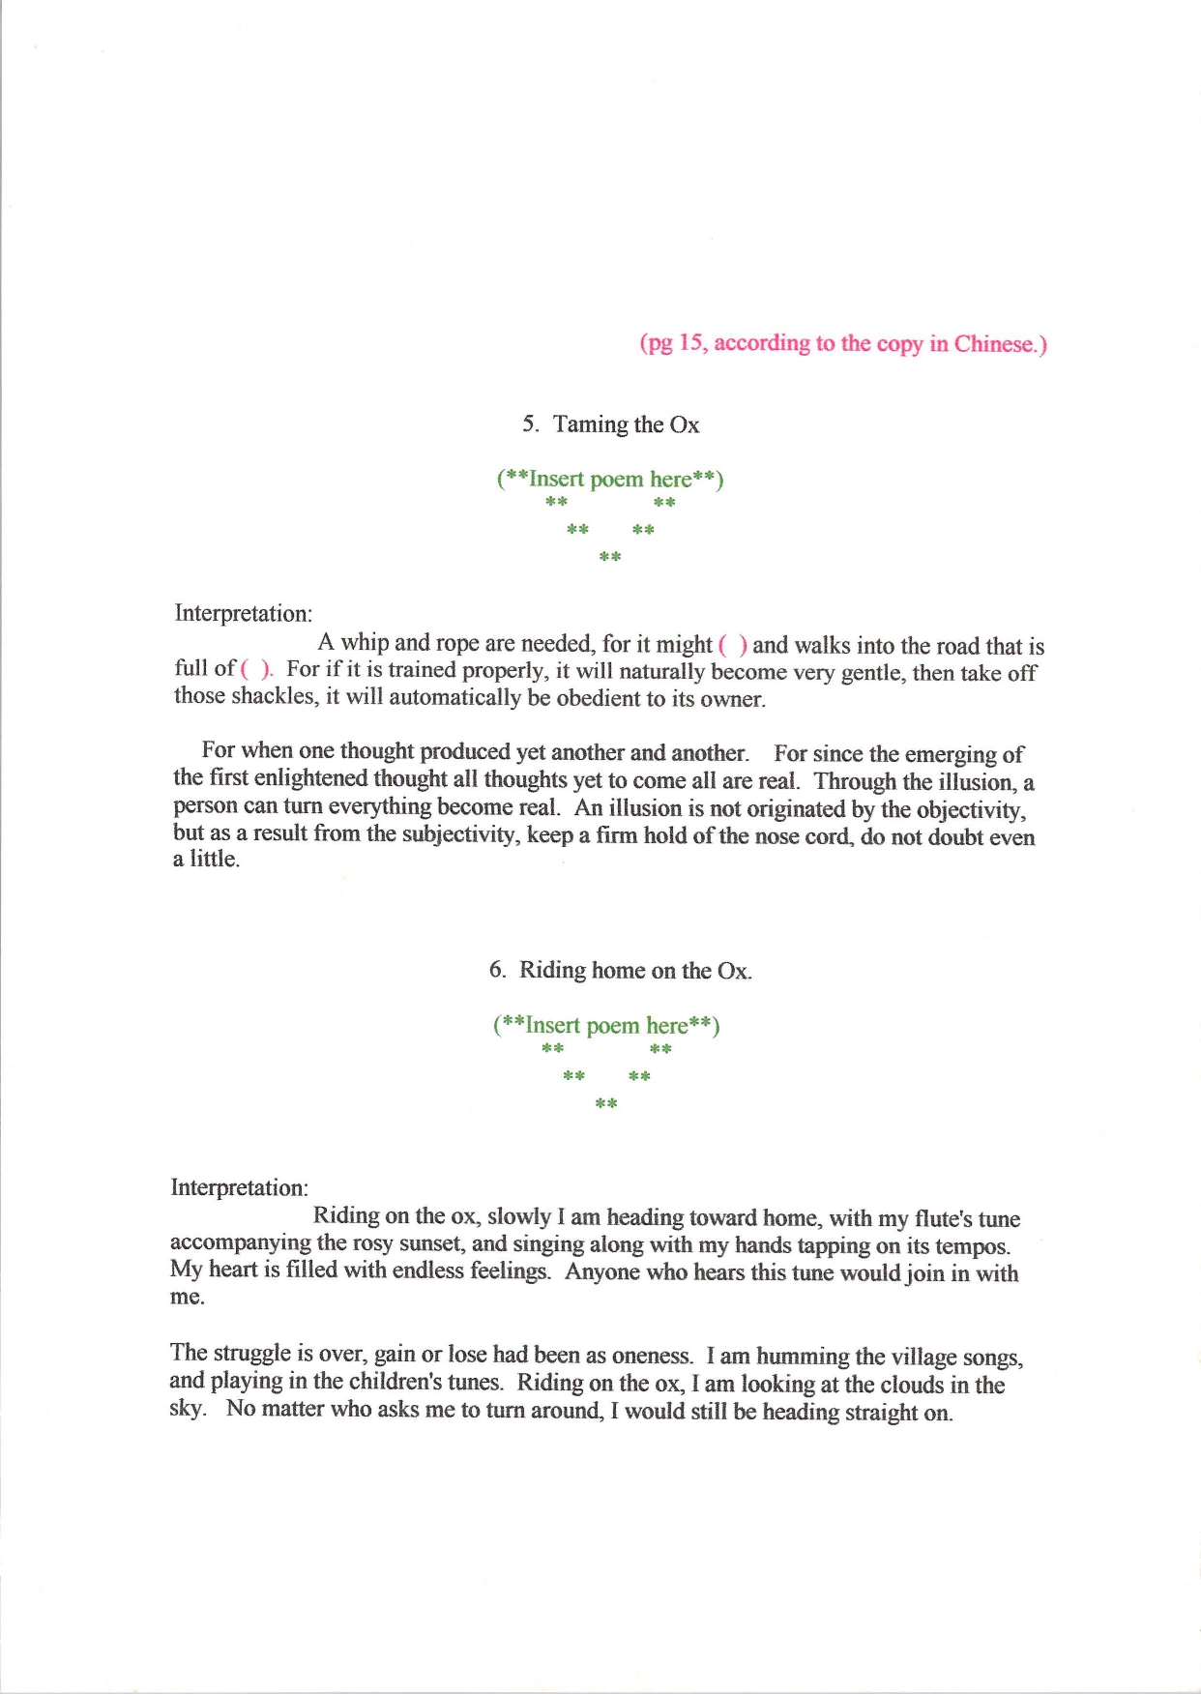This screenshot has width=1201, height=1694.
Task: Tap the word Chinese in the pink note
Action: (995, 344)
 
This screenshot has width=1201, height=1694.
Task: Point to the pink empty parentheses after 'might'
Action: (732, 645)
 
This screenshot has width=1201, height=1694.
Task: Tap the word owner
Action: (731, 699)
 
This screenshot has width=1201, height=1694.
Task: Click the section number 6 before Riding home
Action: (496, 970)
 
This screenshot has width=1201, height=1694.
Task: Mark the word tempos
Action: (971, 1247)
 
